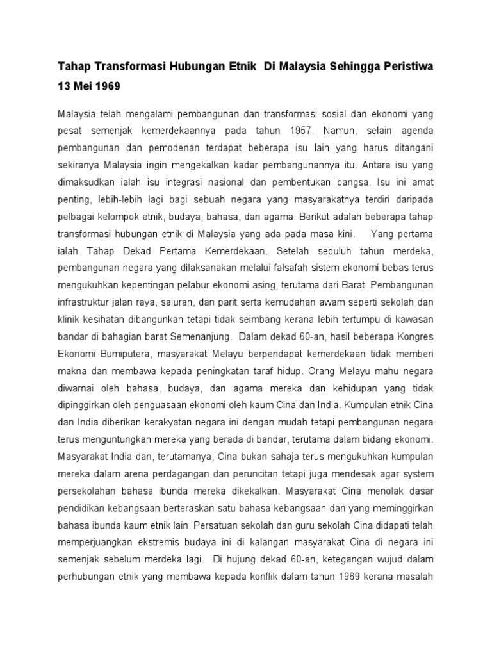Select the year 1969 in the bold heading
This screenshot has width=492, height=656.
[106, 86]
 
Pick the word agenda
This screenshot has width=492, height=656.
[417, 130]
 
